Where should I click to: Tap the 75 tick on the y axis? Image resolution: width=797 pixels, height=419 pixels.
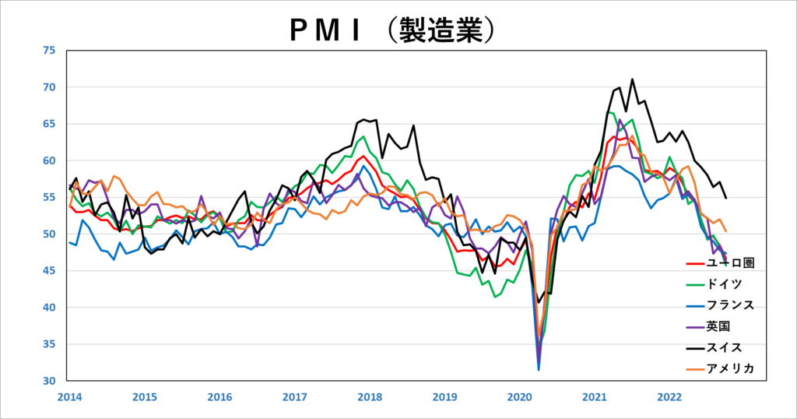point(50,51)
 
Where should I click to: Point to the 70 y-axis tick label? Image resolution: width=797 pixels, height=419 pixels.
point(50,87)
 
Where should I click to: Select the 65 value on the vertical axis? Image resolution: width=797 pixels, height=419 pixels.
point(50,124)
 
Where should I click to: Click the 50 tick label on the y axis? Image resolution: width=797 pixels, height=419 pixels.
point(50,234)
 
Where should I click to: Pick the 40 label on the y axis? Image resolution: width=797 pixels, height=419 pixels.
point(50,308)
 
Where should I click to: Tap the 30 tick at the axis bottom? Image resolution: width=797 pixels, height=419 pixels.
point(50,381)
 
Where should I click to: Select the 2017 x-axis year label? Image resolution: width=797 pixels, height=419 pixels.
point(294,396)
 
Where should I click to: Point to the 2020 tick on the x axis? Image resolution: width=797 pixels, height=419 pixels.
point(520,396)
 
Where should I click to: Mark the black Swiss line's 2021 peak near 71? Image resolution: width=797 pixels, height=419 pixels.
point(632,79)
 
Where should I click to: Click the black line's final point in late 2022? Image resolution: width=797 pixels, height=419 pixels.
point(726,198)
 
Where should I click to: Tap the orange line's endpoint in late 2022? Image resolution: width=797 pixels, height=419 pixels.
point(726,231)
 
